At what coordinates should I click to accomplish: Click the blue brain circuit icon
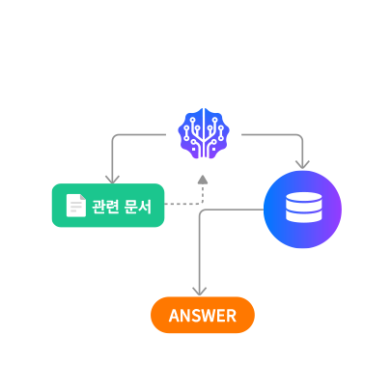204,133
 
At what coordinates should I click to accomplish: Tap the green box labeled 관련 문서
108,206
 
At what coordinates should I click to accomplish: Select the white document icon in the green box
76,206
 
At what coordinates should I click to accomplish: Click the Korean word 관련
105,207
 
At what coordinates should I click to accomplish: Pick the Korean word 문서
137,207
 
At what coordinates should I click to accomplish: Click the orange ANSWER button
203,315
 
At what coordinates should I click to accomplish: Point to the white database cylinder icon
304,207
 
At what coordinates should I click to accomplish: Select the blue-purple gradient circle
302,210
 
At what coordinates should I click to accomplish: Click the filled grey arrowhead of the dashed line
203,180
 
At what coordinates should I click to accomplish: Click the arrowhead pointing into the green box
112,180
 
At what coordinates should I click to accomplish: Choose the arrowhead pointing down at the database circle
302,164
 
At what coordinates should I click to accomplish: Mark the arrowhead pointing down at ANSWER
200,291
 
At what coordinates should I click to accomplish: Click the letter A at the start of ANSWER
175,316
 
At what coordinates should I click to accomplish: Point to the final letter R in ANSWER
231,316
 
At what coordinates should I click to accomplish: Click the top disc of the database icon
304,197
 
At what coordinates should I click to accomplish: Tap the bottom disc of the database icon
304,217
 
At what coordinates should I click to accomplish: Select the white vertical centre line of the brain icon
204,133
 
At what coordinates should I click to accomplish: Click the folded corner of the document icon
83,197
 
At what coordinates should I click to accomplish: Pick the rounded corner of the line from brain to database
301,136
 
